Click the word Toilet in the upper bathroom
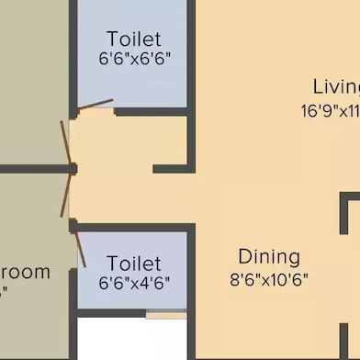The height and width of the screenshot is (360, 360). click(x=134, y=39)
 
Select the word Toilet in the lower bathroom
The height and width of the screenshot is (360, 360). click(x=134, y=264)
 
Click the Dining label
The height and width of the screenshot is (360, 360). click(x=269, y=256)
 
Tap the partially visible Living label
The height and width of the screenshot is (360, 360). click(x=336, y=87)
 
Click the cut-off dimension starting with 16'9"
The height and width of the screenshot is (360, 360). click(x=331, y=110)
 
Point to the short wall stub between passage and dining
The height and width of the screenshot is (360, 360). click(x=171, y=169)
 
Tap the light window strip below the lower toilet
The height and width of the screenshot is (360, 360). click(x=165, y=315)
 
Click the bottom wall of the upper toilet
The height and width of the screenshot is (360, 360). click(x=152, y=112)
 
